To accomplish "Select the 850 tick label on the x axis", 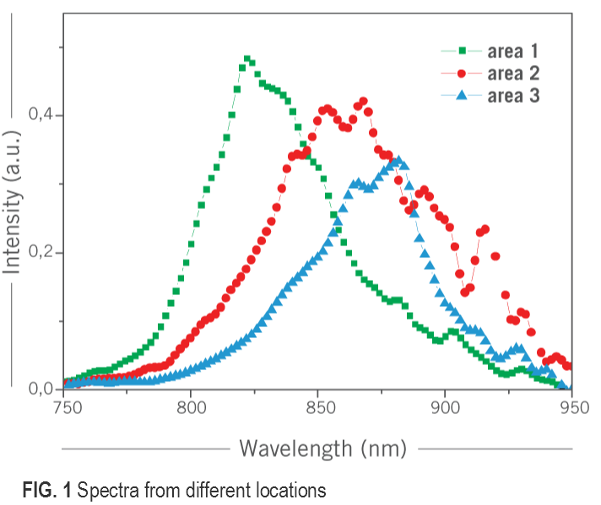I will point(317,406).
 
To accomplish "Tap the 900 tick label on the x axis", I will point(445,406).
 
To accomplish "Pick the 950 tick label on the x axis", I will point(571,406).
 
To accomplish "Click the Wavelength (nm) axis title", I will point(323,447).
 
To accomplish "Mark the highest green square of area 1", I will point(247,59).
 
